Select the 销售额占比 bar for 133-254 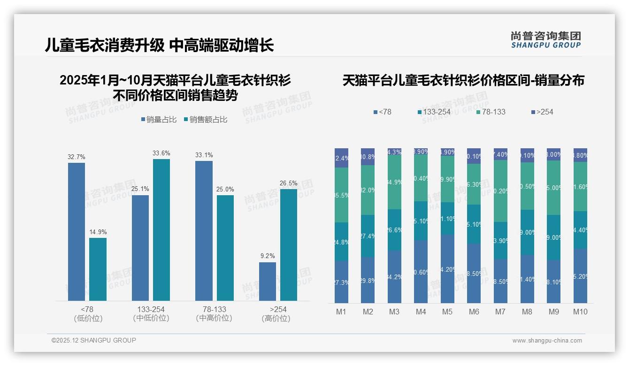[x=161, y=229]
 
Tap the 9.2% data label [x=267, y=256]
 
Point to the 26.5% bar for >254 [x=289, y=244]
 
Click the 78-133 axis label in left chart [x=214, y=313]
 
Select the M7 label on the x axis [x=500, y=312]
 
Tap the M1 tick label [x=341, y=312]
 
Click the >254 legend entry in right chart [x=542, y=112]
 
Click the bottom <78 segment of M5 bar [x=447, y=269]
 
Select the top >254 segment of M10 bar [x=580, y=155]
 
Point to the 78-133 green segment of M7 [x=500, y=191]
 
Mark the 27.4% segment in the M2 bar [x=368, y=236]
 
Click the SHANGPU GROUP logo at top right [x=545, y=40]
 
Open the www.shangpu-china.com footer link [x=547, y=341]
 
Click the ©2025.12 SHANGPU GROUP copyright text [x=94, y=340]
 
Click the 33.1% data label [x=204, y=155]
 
